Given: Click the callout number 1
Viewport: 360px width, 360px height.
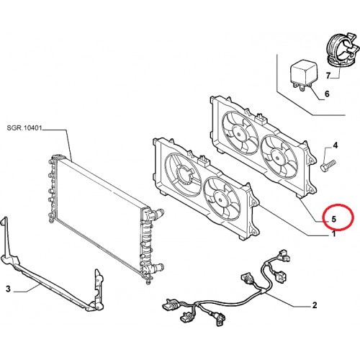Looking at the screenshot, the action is point(333,234).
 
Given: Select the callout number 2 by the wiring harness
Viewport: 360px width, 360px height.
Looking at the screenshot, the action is point(314,305).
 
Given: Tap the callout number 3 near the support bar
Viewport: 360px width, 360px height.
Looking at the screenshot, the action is point(8,289).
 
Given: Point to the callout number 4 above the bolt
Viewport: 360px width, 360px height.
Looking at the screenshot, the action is point(336,145).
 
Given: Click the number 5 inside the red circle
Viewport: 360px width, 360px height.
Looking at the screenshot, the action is point(333,219).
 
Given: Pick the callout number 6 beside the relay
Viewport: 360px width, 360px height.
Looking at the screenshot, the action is point(327,94).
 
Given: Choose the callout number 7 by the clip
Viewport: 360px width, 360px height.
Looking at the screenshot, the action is point(328,76).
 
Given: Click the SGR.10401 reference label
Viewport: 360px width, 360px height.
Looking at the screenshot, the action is point(24,128).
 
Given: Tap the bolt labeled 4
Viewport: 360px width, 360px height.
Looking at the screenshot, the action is point(328,166).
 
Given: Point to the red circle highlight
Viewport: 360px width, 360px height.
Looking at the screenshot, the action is point(338,217).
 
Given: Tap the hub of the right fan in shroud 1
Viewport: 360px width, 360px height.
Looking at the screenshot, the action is point(220,199).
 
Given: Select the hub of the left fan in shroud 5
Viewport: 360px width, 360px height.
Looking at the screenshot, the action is point(239,135).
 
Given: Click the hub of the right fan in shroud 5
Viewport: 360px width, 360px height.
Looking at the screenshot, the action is point(277,158).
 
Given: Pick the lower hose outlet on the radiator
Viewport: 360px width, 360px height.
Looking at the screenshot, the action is point(157,267).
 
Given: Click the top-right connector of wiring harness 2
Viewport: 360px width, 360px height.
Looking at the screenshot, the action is point(283,256).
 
